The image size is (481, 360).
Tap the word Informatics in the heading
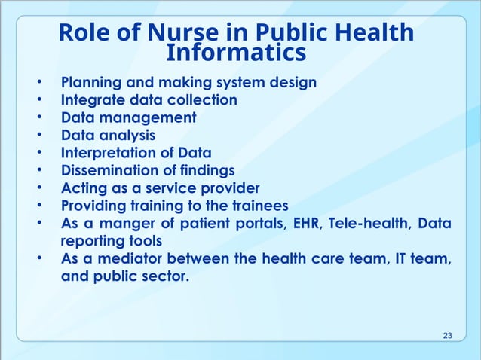[x=235, y=53]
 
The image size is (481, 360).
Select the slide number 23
[x=449, y=334]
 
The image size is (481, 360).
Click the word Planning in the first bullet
[x=91, y=82]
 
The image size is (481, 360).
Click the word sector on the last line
[x=163, y=276]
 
